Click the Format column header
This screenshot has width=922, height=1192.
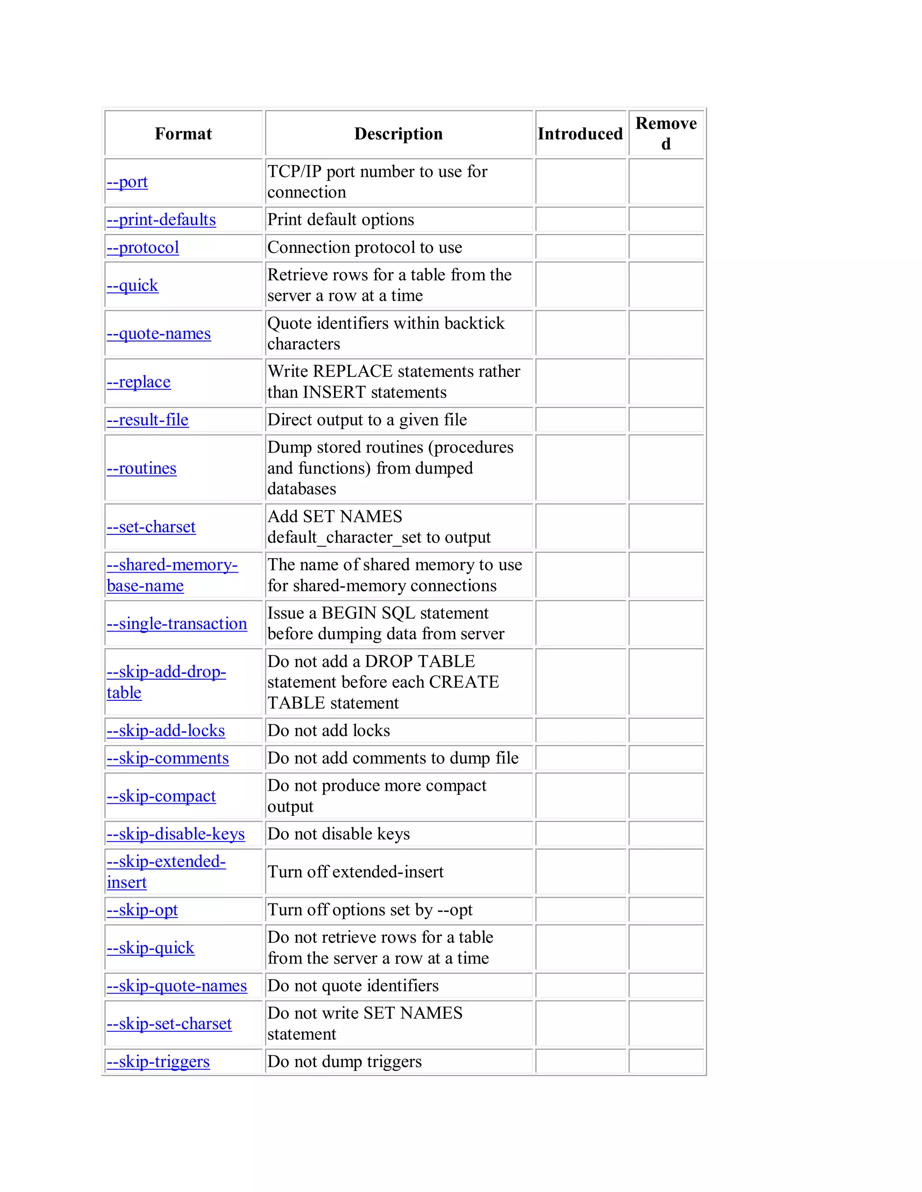[x=183, y=134]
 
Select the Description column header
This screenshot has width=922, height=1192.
[x=398, y=134]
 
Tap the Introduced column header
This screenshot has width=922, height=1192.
[x=579, y=134]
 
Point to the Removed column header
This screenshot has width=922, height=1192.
[x=665, y=134]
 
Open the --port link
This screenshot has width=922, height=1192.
[x=127, y=182]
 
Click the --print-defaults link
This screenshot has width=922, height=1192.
[x=161, y=220]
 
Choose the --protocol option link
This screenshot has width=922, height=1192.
[x=143, y=247]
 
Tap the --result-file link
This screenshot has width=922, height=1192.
[x=148, y=420]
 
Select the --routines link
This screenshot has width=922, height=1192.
[x=141, y=468]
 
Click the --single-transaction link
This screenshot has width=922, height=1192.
[x=176, y=623]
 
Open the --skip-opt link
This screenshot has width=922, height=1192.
[x=142, y=910]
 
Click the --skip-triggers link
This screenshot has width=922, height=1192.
[x=158, y=1062]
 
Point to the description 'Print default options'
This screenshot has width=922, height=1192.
[x=340, y=220]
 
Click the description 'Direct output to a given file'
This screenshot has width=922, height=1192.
[x=366, y=420]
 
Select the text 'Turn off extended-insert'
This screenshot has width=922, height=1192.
[x=355, y=872]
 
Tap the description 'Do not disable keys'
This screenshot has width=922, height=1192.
[x=338, y=834]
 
